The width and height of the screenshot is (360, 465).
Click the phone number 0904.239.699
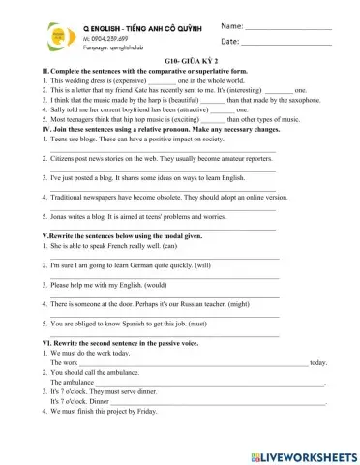coord(106,38)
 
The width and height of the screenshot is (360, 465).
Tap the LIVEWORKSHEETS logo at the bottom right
coord(303,453)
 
